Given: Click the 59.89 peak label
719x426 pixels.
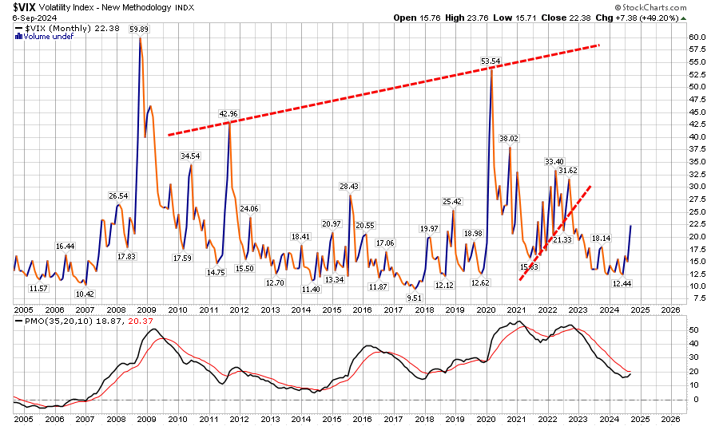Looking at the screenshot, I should [141, 29].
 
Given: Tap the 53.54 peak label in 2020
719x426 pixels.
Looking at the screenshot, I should [490, 61].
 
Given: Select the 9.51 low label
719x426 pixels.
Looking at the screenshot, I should [414, 297].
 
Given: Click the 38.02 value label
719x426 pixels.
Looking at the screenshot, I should [509, 139].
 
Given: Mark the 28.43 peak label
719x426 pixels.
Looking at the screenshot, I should [350, 187].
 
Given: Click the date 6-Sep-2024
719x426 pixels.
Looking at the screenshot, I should [28, 18].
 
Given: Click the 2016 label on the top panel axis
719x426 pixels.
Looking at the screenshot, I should [362, 309].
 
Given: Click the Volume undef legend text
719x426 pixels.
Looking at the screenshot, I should [45, 35].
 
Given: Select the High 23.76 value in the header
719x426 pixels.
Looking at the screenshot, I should [475, 18].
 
